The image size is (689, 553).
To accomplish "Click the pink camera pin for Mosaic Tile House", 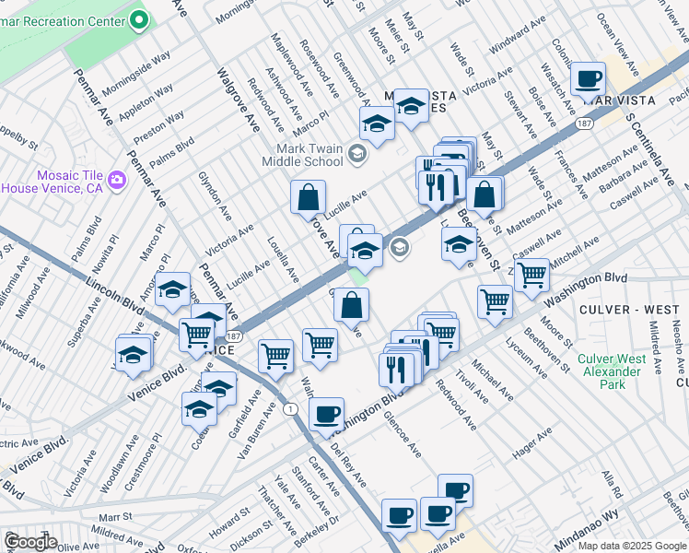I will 117,177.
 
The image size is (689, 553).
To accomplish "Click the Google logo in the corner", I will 30,541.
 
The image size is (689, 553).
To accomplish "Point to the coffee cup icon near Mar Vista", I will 588,79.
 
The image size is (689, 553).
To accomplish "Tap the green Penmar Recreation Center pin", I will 139,18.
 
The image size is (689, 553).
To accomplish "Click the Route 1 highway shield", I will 291,408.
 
